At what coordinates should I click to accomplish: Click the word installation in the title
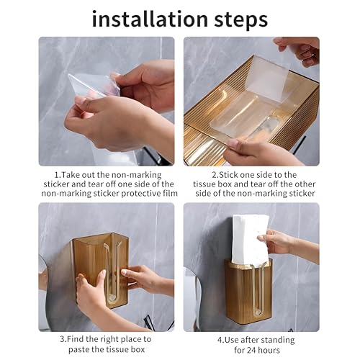tap(150, 19)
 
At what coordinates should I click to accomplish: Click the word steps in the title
tap(241, 20)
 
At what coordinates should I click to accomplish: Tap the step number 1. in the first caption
tap(58, 175)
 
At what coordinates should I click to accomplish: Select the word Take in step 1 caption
tap(70, 175)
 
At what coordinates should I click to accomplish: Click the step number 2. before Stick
tap(215, 175)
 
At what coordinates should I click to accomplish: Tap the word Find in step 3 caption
tap(76, 339)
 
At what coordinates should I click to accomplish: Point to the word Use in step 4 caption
tap(232, 340)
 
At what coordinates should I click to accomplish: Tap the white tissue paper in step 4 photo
tap(250, 240)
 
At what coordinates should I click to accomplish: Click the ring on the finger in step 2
tap(313, 55)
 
